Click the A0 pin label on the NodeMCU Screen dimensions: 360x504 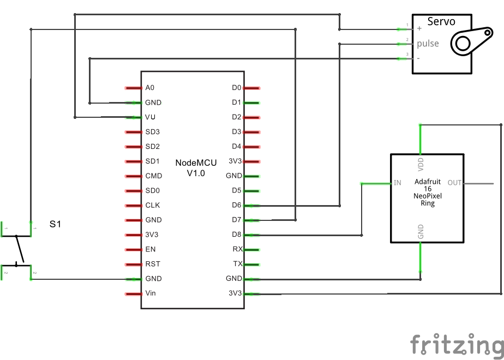click(150, 88)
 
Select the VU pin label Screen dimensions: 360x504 click(151, 117)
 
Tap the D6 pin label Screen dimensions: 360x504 click(236, 206)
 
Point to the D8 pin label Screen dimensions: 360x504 click(236, 235)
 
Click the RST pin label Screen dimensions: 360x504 click(153, 264)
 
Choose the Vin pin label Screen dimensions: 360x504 click(151, 293)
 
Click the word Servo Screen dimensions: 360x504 click(441, 22)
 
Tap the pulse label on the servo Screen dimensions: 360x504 click(428, 44)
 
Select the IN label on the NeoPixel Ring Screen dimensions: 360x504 click(398, 183)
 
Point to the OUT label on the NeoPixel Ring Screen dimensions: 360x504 click(455, 183)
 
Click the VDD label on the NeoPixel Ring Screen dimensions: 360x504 click(421, 164)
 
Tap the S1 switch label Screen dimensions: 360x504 click(56, 224)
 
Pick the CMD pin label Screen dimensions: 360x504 click(153, 176)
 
